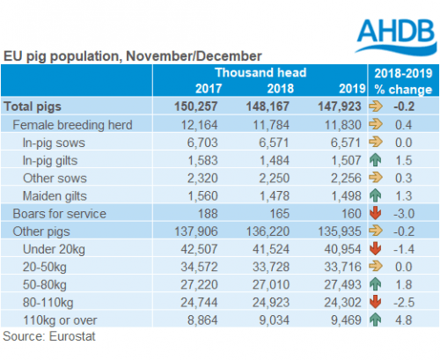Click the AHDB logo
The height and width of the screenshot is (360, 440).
pyautogui.click(x=396, y=36)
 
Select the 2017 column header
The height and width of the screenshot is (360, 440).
pyautogui.click(x=209, y=89)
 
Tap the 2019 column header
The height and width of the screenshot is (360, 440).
pyautogui.click(x=352, y=89)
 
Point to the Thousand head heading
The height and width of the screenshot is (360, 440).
pyautogui.click(x=260, y=72)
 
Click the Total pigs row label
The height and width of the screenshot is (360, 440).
pyautogui.click(x=33, y=107)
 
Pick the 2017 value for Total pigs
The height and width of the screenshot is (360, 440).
pyautogui.click(x=195, y=107)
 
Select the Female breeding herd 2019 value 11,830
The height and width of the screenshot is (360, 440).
pyautogui.click(x=343, y=125)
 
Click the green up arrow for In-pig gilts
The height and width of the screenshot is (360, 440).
pyautogui.click(x=375, y=160)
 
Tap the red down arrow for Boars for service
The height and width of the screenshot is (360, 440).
pyautogui.click(x=375, y=213)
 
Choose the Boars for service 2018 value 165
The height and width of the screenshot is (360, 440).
pyautogui.click(x=279, y=214)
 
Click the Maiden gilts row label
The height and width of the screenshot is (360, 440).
pyautogui.click(x=55, y=196)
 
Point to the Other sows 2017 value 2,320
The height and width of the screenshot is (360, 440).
pyautogui.click(x=202, y=178)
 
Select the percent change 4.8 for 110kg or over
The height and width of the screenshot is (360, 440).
pyautogui.click(x=404, y=320)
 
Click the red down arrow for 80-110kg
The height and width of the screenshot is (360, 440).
pyautogui.click(x=375, y=302)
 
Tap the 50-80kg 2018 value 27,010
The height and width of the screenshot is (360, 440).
pyautogui.click(x=271, y=284)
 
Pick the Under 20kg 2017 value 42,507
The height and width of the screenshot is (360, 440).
pyautogui.click(x=199, y=249)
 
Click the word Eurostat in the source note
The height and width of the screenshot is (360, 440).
pyautogui.click(x=72, y=336)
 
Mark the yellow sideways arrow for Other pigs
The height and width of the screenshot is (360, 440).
pyautogui.click(x=376, y=231)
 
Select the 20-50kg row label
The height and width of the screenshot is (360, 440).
pyautogui.click(x=45, y=268)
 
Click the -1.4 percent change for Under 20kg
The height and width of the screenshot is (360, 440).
pyautogui.click(x=404, y=249)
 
